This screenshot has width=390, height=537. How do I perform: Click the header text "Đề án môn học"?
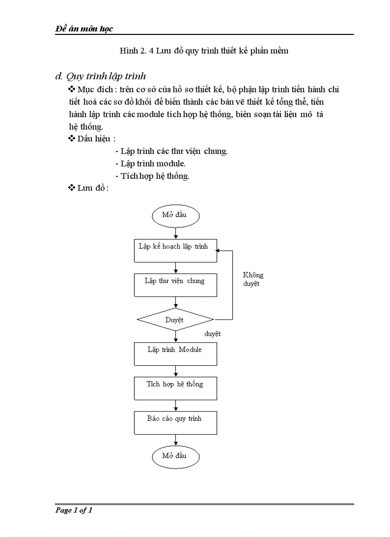84,29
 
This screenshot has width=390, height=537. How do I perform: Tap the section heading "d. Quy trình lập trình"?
101,76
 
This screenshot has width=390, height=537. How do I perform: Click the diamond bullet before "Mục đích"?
72,89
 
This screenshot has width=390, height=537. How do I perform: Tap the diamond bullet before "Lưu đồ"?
72,188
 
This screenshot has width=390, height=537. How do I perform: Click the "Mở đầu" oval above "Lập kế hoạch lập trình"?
175,215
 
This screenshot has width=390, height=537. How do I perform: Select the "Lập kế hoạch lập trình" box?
175,250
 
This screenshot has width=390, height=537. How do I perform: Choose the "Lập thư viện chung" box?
175,285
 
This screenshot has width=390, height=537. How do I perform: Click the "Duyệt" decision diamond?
175,319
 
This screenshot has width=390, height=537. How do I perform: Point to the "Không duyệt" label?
253,279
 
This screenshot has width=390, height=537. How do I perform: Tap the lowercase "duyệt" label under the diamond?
213,334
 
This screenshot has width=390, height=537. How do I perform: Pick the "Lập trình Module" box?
175,353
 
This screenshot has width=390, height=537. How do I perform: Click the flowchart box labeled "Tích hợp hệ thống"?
175,388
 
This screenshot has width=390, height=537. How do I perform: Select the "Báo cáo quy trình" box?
175,422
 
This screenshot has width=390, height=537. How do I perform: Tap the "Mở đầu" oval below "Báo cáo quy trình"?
175,456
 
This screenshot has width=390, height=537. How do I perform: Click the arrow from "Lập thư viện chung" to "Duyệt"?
176,302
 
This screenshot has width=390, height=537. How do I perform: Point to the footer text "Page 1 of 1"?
74,510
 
